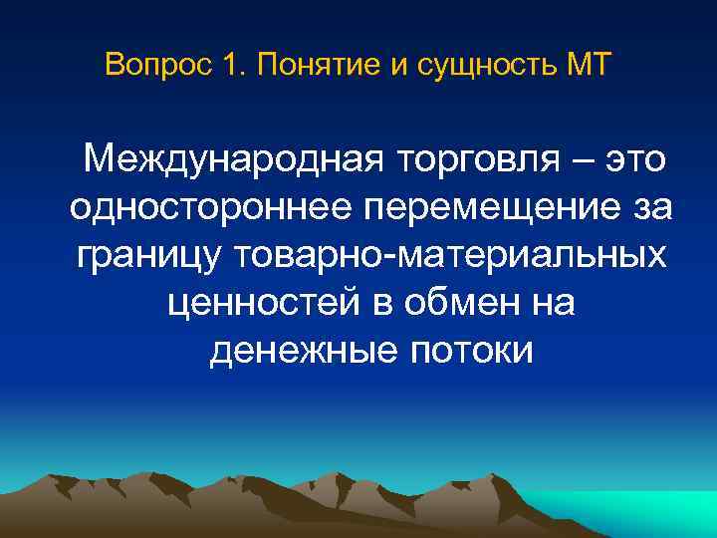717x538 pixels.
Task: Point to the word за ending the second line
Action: [651, 208]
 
